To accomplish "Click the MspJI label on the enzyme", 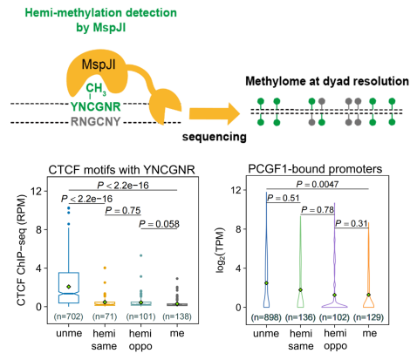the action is click(99, 65).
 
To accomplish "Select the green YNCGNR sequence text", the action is click(96, 106).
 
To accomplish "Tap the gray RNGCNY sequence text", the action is click(96, 121).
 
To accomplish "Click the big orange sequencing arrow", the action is click(215, 113).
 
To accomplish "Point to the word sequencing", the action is click(215, 137).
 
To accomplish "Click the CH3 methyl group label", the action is click(96, 89).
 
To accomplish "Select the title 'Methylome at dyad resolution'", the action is click(327, 81).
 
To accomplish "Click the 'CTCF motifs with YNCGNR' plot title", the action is click(121, 170).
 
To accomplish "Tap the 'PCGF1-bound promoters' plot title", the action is click(315, 169).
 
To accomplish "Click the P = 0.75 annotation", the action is click(123, 210).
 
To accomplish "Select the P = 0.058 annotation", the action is click(159, 224).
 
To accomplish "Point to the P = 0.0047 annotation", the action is click(318, 184).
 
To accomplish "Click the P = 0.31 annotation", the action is click(352, 223).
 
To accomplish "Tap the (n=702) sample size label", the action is click(69, 316).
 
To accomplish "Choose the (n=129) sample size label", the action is click(368, 317).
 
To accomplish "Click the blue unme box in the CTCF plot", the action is click(69, 288).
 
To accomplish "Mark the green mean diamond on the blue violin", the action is click(266, 283).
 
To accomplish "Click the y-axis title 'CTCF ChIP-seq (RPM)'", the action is click(21, 250).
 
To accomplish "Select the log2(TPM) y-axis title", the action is click(221, 251).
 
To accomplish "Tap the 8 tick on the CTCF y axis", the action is click(38, 229).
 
